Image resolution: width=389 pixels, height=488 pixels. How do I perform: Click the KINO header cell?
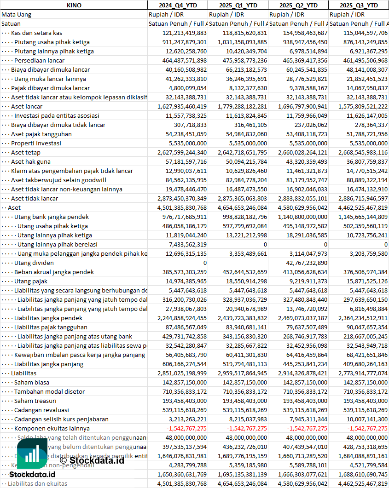point(74,5)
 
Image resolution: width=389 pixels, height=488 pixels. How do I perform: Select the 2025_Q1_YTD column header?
point(238,5)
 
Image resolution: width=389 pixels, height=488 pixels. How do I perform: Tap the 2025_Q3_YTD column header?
point(359,5)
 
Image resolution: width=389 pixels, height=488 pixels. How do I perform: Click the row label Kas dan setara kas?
point(37,33)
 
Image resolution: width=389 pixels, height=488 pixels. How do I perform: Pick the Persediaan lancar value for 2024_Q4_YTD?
point(178,60)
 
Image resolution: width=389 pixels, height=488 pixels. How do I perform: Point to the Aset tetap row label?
point(26,152)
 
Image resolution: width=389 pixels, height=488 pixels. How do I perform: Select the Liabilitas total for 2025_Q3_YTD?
point(359,373)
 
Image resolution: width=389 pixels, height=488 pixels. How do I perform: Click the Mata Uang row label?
point(17,14)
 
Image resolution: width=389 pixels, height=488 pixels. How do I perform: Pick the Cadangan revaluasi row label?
point(41,410)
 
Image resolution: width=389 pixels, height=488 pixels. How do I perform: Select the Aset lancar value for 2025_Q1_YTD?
point(238,106)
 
